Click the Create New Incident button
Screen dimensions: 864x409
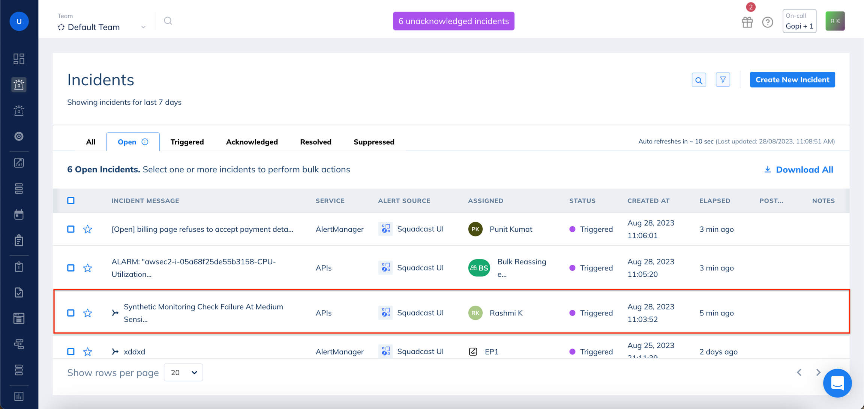(792, 80)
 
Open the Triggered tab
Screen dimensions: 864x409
(187, 142)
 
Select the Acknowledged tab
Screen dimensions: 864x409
(252, 142)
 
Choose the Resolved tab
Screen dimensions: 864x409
(316, 142)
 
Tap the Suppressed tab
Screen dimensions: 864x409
(374, 142)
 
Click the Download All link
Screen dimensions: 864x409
(799, 170)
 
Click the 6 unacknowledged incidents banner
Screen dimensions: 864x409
(453, 21)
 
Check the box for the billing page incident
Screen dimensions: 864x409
(71, 229)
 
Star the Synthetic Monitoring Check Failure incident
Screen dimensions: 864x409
(88, 313)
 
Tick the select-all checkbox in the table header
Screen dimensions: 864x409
(71, 201)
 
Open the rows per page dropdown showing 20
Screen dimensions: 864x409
(183, 373)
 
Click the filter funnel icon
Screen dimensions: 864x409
(723, 80)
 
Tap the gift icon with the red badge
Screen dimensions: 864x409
(747, 22)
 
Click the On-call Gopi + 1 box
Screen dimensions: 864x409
(799, 21)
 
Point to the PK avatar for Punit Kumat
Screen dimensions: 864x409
(475, 229)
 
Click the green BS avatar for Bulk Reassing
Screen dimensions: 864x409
(479, 268)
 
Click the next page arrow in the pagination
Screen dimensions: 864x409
(818, 372)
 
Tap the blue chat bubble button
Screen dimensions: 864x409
(837, 383)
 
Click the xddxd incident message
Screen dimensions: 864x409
(134, 352)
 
